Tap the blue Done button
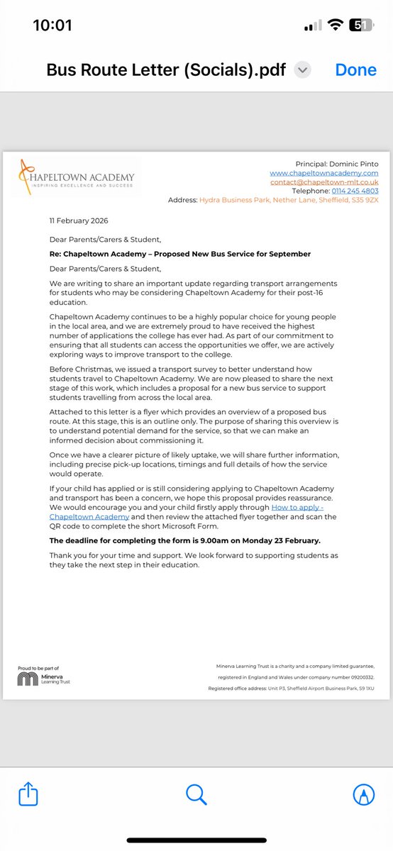click(x=357, y=70)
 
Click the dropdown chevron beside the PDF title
click(x=303, y=70)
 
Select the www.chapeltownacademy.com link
click(x=323, y=173)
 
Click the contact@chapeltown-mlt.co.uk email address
click(x=323, y=182)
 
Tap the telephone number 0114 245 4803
click(x=355, y=191)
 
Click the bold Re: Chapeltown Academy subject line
click(x=180, y=254)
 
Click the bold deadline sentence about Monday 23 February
click(x=184, y=540)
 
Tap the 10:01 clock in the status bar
click(x=52, y=26)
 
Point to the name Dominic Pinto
click(x=356, y=164)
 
